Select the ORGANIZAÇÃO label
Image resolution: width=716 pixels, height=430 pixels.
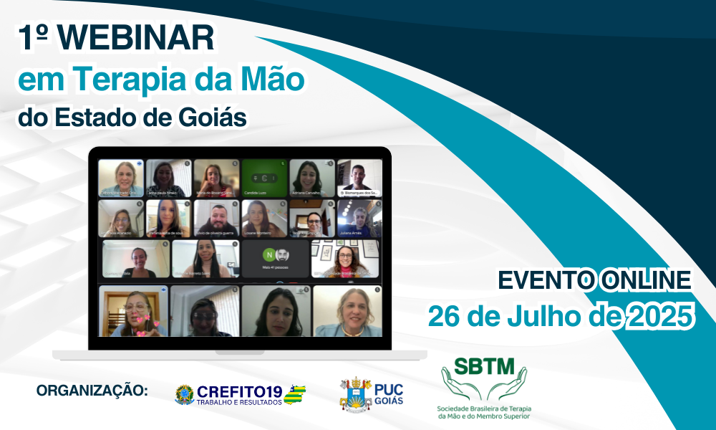[92, 391]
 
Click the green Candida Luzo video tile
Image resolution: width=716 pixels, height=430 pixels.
[263, 178]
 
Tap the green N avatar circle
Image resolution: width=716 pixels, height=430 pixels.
[269, 255]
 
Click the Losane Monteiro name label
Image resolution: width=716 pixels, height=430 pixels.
[258, 233]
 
